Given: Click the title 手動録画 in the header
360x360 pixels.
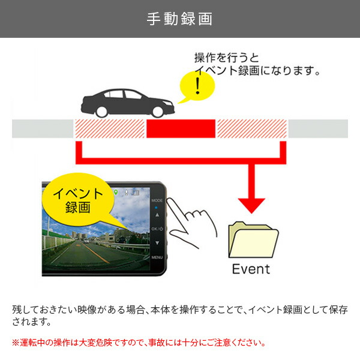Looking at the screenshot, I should (179, 19).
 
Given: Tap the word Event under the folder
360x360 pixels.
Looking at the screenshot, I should (251, 268).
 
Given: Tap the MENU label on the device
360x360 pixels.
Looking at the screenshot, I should (158, 257).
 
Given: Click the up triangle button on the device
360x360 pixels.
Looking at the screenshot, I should (157, 214).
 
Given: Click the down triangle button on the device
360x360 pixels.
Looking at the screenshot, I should (157, 243).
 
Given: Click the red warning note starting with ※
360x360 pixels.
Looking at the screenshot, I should (139, 343).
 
